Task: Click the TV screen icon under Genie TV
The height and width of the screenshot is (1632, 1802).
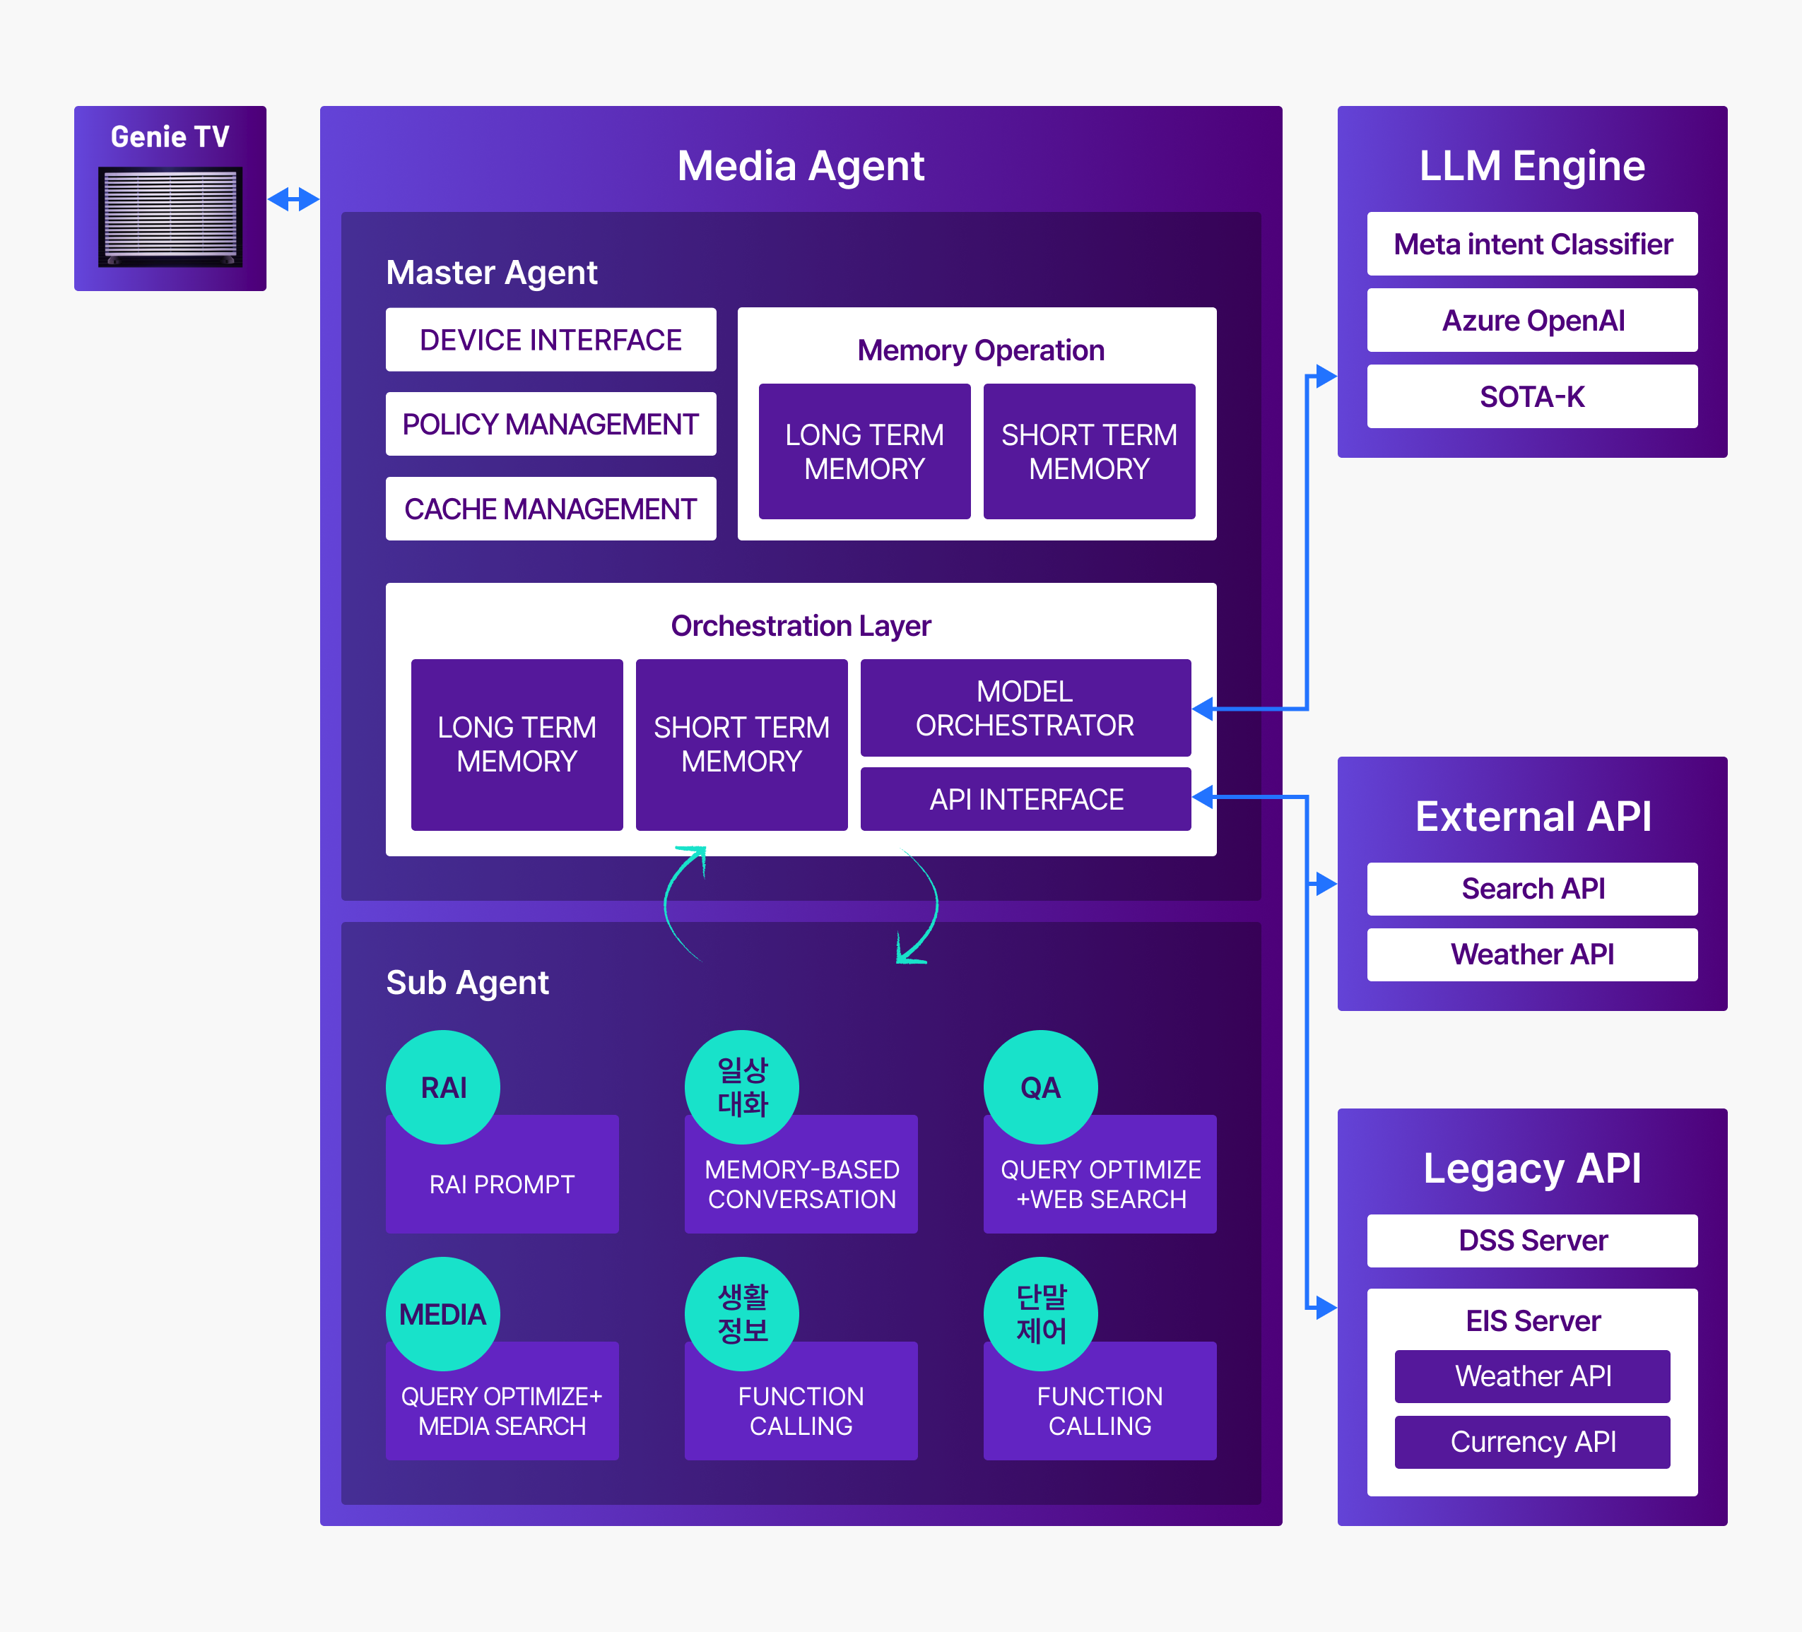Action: [170, 217]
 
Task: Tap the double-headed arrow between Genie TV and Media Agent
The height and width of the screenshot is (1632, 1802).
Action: [293, 199]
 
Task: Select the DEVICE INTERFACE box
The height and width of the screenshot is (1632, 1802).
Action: [550, 340]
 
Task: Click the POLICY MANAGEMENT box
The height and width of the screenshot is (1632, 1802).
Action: [550, 424]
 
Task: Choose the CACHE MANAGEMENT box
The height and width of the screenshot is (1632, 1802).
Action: [550, 509]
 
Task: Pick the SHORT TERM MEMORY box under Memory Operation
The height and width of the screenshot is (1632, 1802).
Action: [1089, 451]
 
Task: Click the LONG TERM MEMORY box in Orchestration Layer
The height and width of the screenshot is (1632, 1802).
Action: [517, 745]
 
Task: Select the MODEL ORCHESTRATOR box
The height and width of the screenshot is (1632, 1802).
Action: [1025, 708]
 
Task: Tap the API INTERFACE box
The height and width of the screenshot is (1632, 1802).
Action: [1025, 799]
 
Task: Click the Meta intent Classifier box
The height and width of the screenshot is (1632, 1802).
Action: [1532, 244]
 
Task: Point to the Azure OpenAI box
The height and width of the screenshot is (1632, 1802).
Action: [1532, 320]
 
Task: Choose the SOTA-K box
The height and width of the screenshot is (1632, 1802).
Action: [1532, 396]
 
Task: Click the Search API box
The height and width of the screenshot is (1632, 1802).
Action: [1532, 888]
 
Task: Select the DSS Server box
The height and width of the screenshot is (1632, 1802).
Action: [1532, 1241]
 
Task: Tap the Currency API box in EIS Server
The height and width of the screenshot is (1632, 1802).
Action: [1532, 1442]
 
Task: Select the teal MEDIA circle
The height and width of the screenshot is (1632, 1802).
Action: [443, 1314]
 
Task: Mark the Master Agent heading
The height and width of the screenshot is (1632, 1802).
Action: [492, 273]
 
